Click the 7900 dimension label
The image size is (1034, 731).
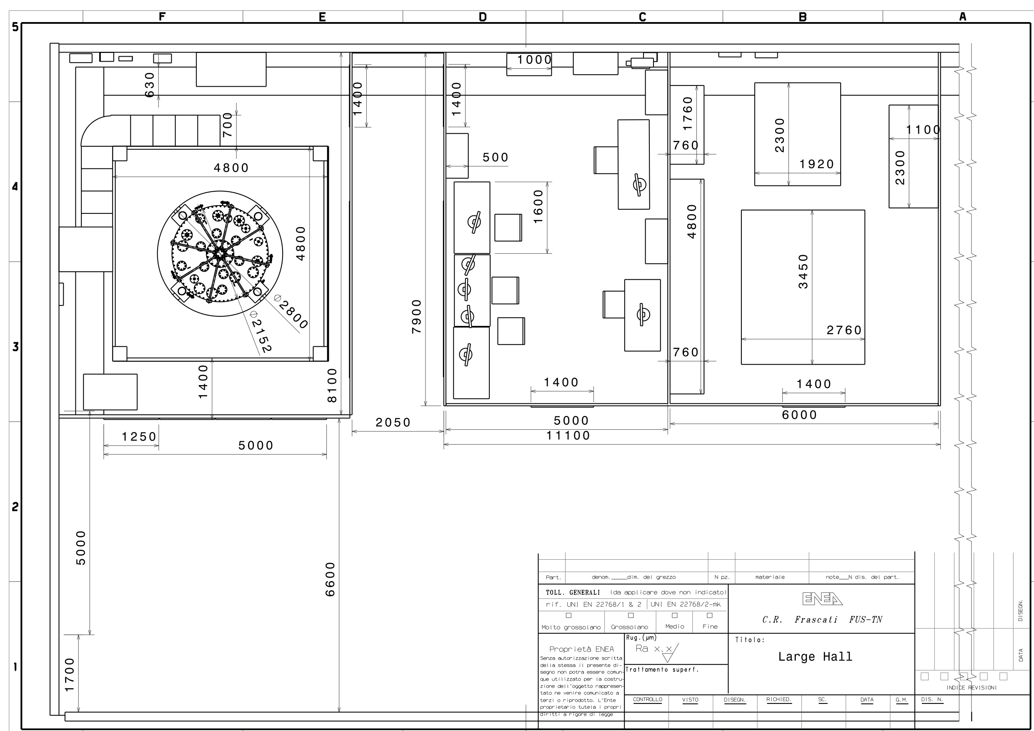pyautogui.click(x=417, y=317)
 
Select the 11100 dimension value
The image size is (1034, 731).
pyautogui.click(x=568, y=436)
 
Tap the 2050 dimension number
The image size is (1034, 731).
pyautogui.click(x=393, y=423)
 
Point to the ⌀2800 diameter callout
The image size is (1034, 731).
pyautogui.click(x=291, y=312)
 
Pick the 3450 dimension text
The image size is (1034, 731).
pyautogui.click(x=804, y=271)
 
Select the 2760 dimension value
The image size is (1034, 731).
pyautogui.click(x=844, y=330)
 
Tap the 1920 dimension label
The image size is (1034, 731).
pyautogui.click(x=817, y=164)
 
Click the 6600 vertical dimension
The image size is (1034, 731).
pyautogui.click(x=330, y=579)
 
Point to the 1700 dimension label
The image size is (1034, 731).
pyautogui.click(x=69, y=675)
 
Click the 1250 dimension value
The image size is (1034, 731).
pyautogui.click(x=139, y=437)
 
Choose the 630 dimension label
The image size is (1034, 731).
pyautogui.click(x=150, y=85)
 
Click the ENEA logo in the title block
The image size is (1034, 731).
pyautogui.click(x=822, y=598)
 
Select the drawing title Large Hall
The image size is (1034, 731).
pyautogui.click(x=815, y=657)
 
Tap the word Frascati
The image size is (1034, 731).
pyautogui.click(x=816, y=620)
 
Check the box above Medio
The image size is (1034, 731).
pyautogui.click(x=675, y=615)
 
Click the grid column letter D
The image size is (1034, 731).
pyautogui.click(x=483, y=17)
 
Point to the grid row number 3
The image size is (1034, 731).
pyautogui.click(x=15, y=347)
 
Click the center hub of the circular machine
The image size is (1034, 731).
pyautogui.click(x=220, y=253)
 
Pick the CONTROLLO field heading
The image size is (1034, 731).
pyautogui.click(x=648, y=699)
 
